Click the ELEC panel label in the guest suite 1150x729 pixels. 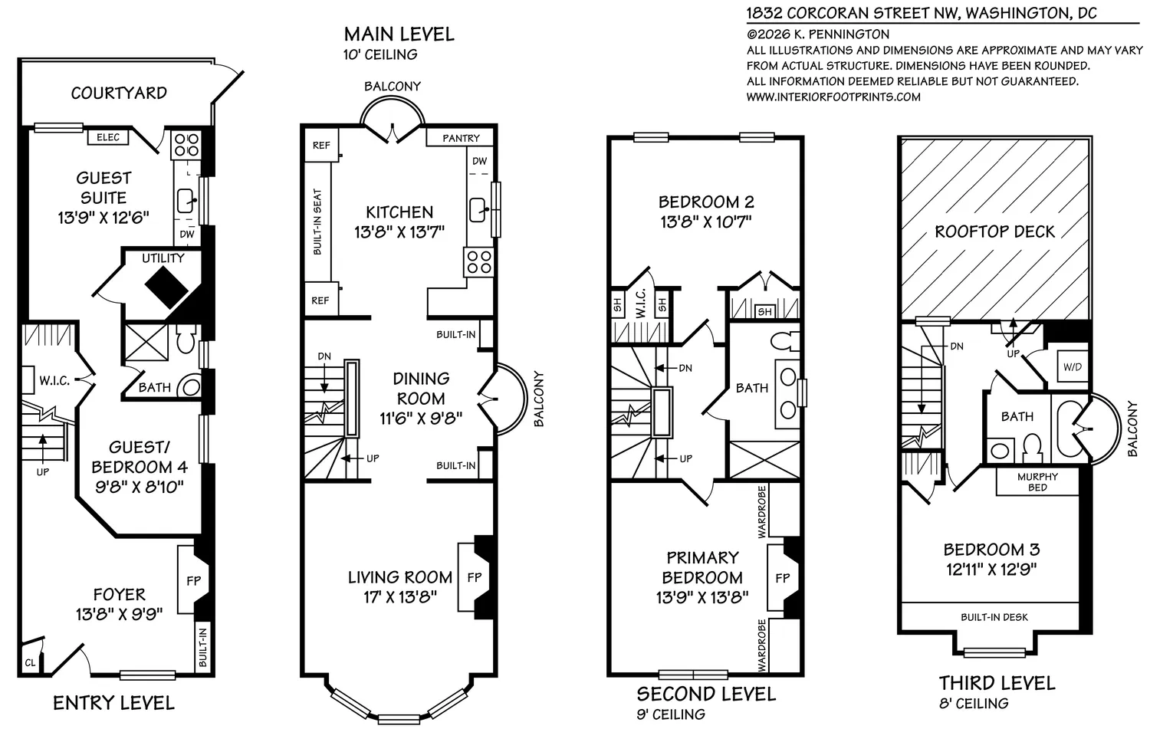pyautogui.click(x=108, y=137)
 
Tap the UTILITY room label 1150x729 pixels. pyautogui.click(x=163, y=258)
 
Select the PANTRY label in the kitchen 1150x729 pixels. pyautogui.click(x=461, y=138)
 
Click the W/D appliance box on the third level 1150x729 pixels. pyautogui.click(x=1073, y=367)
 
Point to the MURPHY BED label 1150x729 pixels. pyautogui.click(x=1037, y=482)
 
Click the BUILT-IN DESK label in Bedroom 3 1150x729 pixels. pyautogui.click(x=994, y=617)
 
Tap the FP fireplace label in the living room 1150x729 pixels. pyautogui.click(x=475, y=577)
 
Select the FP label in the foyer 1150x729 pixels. pyautogui.click(x=193, y=580)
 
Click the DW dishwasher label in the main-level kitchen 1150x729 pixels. pyautogui.click(x=479, y=161)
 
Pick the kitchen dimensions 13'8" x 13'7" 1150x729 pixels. pyautogui.click(x=399, y=232)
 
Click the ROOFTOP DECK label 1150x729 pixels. pyautogui.click(x=994, y=232)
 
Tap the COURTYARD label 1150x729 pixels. pyautogui.click(x=119, y=93)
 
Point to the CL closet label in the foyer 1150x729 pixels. pyautogui.click(x=30, y=663)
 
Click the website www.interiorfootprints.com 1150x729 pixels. pyautogui.click(x=833, y=97)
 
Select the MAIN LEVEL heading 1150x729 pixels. pyautogui.click(x=399, y=34)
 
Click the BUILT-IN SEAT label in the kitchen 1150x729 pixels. pyautogui.click(x=317, y=222)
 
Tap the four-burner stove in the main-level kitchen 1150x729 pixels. pyautogui.click(x=479, y=262)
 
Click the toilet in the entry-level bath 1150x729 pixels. pyautogui.click(x=186, y=337)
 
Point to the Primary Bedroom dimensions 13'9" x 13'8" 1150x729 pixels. pyautogui.click(x=701, y=597)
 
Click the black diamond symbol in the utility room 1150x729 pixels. pyautogui.click(x=166, y=287)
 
